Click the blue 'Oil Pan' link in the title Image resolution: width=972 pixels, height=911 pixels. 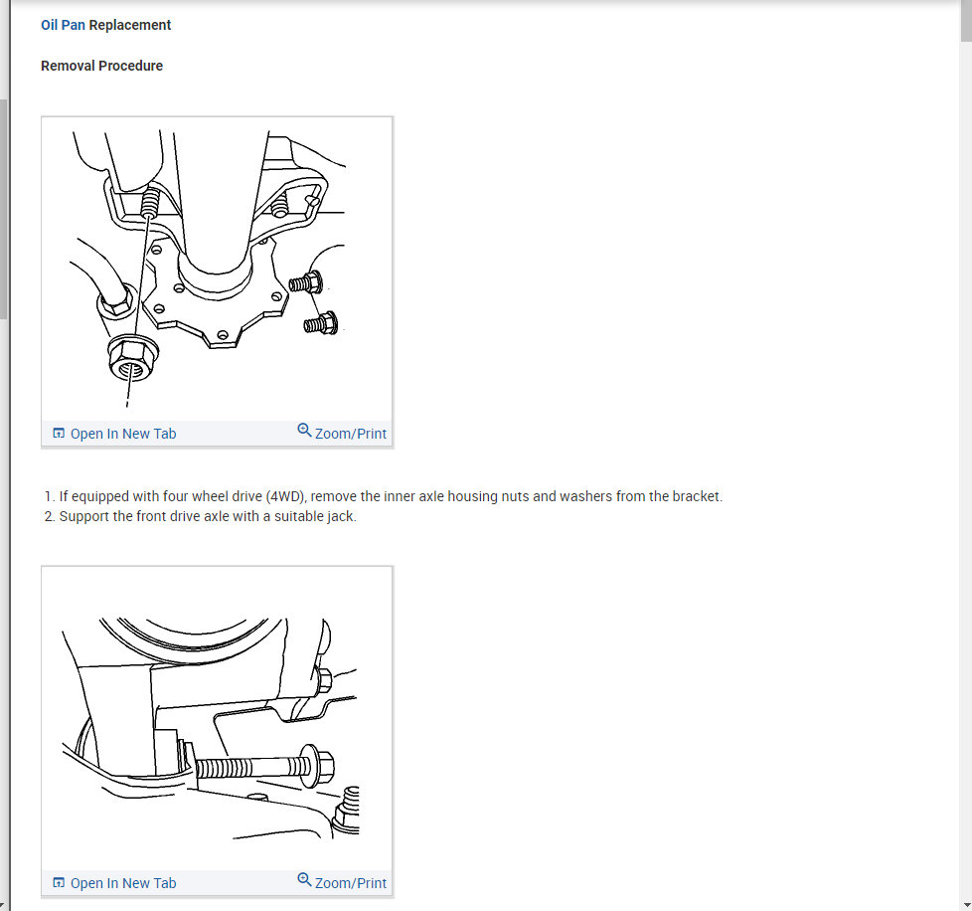(x=63, y=25)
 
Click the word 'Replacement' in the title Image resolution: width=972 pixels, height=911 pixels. (x=129, y=25)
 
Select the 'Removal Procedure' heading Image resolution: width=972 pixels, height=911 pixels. (x=101, y=66)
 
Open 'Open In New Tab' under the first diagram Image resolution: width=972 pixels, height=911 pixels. (x=123, y=434)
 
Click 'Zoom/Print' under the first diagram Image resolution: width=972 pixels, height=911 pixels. (x=351, y=434)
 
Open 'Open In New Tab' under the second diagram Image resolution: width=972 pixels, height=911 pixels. (x=123, y=883)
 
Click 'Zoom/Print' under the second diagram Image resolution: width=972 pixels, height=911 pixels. (x=351, y=883)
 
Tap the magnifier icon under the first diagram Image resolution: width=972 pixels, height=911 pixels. (x=304, y=431)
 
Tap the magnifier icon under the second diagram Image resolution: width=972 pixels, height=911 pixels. (x=304, y=880)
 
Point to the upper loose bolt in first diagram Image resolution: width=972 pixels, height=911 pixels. (x=305, y=282)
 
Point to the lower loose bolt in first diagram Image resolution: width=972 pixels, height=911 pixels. (x=320, y=323)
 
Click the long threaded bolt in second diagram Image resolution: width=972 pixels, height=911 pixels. (x=264, y=765)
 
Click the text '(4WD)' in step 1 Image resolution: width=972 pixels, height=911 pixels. (x=286, y=496)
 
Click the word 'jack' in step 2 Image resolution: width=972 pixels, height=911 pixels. (x=342, y=516)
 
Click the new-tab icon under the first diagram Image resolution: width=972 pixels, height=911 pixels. (x=59, y=433)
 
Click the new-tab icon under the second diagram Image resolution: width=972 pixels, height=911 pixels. (x=59, y=882)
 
